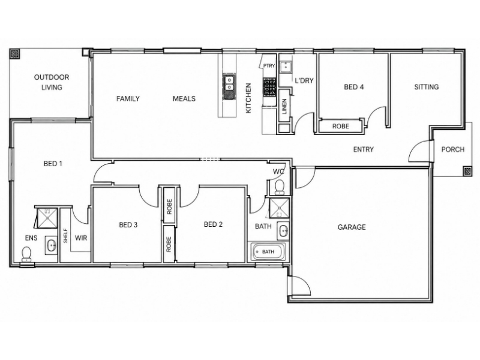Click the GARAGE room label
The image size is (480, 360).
352,227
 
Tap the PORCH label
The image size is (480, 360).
453,149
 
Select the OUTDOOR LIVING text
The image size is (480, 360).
52,82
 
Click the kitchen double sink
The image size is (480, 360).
229,84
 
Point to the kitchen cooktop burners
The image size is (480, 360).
269,87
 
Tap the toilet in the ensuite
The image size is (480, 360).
26,254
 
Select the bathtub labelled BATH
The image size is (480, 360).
268,252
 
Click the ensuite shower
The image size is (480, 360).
47,218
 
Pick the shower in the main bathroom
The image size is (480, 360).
279,208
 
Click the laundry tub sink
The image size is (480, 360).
286,67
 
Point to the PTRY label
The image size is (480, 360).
269,65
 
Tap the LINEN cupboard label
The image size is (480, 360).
284,106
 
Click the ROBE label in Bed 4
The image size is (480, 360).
340,126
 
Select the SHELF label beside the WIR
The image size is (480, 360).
65,236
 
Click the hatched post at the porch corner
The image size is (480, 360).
467,171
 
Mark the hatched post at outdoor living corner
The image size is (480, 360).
14,54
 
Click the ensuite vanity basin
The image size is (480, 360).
51,245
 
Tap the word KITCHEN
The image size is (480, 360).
248,98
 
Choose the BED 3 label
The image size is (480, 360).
128,225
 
